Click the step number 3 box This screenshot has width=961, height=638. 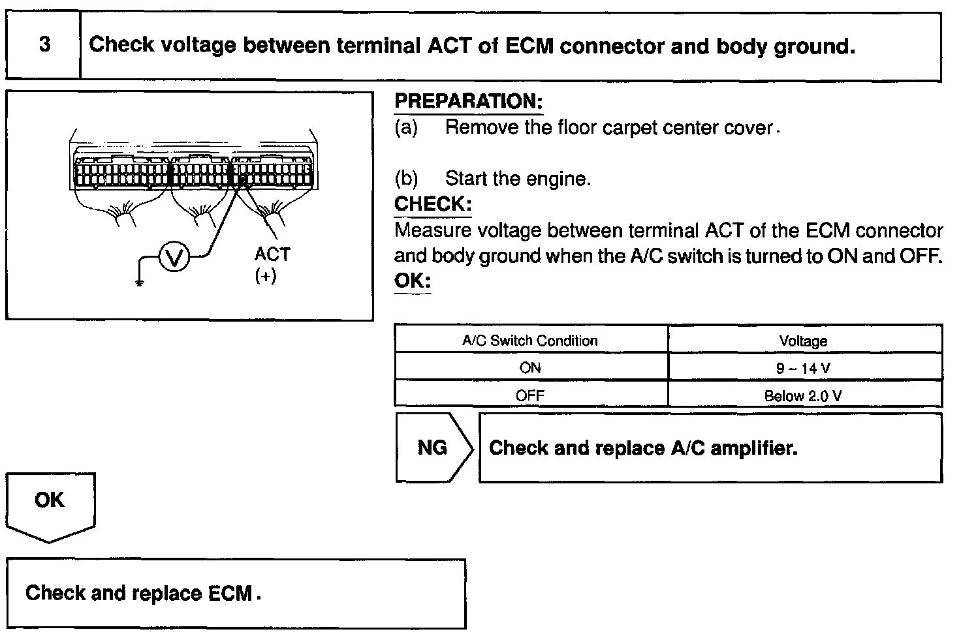[44, 45]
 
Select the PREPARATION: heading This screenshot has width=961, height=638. [468, 101]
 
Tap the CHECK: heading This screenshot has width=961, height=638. [432, 204]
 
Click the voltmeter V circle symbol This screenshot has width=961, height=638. [174, 258]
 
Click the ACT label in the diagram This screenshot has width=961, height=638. [272, 254]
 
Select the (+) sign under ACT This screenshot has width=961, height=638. [266, 277]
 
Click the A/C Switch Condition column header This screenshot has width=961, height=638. [530, 341]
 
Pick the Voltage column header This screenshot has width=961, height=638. [803, 341]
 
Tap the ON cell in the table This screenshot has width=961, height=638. [530, 368]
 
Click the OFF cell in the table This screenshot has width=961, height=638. [530, 395]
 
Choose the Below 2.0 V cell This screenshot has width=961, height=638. [803, 396]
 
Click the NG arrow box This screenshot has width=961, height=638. [432, 448]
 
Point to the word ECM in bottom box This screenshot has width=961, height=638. [230, 593]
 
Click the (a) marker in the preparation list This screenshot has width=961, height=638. [406, 127]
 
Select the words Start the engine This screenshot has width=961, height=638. [518, 179]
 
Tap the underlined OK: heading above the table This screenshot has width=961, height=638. [413, 281]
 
